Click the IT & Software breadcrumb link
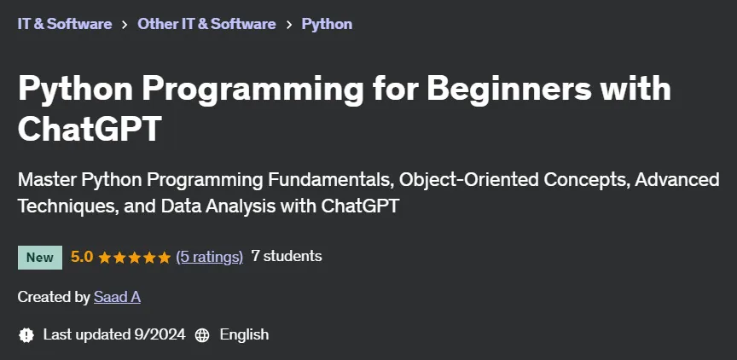pos(65,24)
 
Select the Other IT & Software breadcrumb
pos(206,24)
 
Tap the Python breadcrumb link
pos(327,24)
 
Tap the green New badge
pos(40,258)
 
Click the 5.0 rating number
pos(82,257)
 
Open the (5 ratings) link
pos(210,257)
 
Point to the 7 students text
pos(287,256)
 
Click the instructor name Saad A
pos(117,297)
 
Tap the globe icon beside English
pos(202,335)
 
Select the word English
pos(245,334)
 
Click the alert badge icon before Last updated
pos(26,335)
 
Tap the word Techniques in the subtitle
pos(67,206)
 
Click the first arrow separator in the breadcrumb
pos(125,25)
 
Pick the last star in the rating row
pos(165,258)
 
